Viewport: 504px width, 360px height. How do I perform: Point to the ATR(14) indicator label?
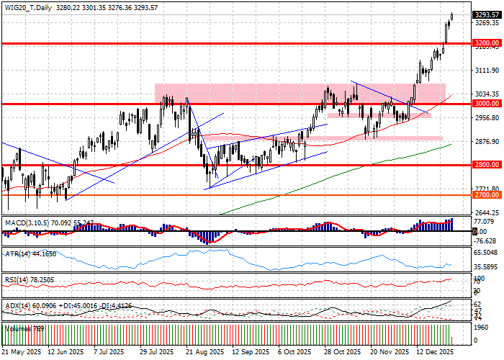click(17, 253)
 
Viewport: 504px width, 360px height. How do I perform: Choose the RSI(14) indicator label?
click(17, 279)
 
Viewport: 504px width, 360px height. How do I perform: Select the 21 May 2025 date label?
click(20, 353)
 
